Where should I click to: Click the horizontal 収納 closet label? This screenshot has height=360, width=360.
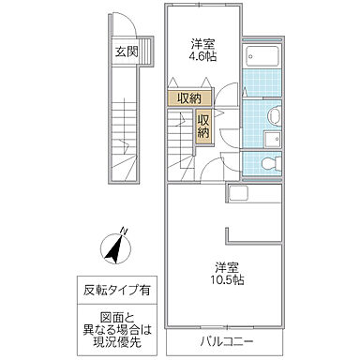pos(187,97)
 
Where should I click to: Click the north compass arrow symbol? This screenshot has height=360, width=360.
pos(114,250)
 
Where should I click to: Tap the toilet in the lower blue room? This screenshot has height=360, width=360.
pos(268,162)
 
